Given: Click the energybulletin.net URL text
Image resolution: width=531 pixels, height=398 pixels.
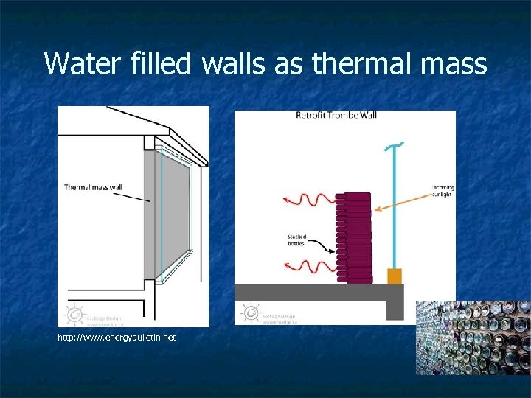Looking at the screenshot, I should pos(117,338).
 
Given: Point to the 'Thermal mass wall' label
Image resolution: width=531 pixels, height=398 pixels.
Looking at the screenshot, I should pos(93,187).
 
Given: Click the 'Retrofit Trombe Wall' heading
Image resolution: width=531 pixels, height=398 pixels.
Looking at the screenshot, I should pos(336,115).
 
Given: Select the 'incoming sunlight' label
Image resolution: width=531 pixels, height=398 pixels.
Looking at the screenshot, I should pos(442,190).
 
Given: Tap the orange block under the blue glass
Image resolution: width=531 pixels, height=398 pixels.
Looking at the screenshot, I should pos(395,276).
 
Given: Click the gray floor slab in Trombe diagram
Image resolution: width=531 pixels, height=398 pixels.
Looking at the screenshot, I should pos(317,292).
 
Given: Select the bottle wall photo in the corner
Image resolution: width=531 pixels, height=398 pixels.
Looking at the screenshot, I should pos(473,338).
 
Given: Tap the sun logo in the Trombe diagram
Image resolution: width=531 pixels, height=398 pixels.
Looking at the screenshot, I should pos(251,313).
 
